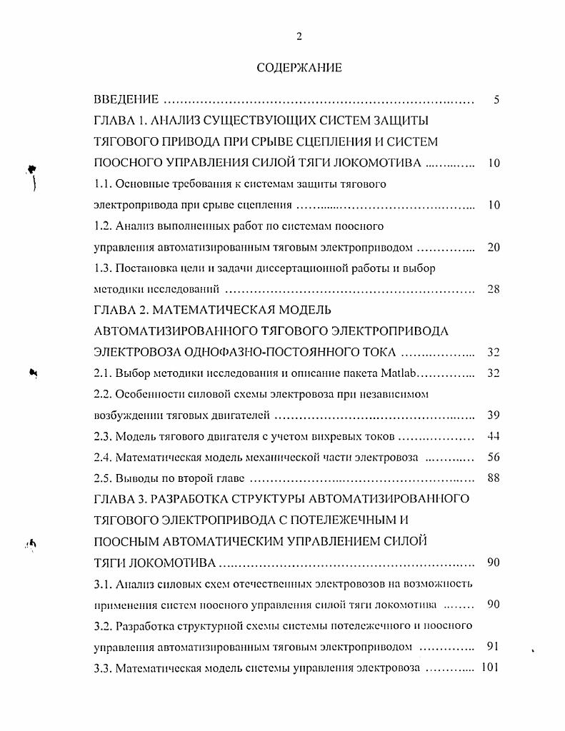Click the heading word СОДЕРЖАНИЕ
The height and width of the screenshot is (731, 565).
[299, 68]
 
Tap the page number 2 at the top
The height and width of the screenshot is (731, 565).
[299, 36]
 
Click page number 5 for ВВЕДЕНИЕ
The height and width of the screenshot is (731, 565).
[496, 100]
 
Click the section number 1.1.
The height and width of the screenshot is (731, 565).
[104, 184]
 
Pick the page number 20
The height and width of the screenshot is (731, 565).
[493, 248]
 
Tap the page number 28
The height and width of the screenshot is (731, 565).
[493, 289]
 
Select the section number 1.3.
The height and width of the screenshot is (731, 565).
[104, 268]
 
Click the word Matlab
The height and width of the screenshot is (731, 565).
[400, 373]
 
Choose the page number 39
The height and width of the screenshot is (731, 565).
[493, 415]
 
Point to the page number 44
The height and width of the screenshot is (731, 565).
[493, 436]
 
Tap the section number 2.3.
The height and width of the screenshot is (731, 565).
[104, 436]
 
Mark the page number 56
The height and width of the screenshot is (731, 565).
[493, 458]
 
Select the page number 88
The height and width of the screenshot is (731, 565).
[493, 478]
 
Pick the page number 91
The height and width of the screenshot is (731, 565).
[493, 647]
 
